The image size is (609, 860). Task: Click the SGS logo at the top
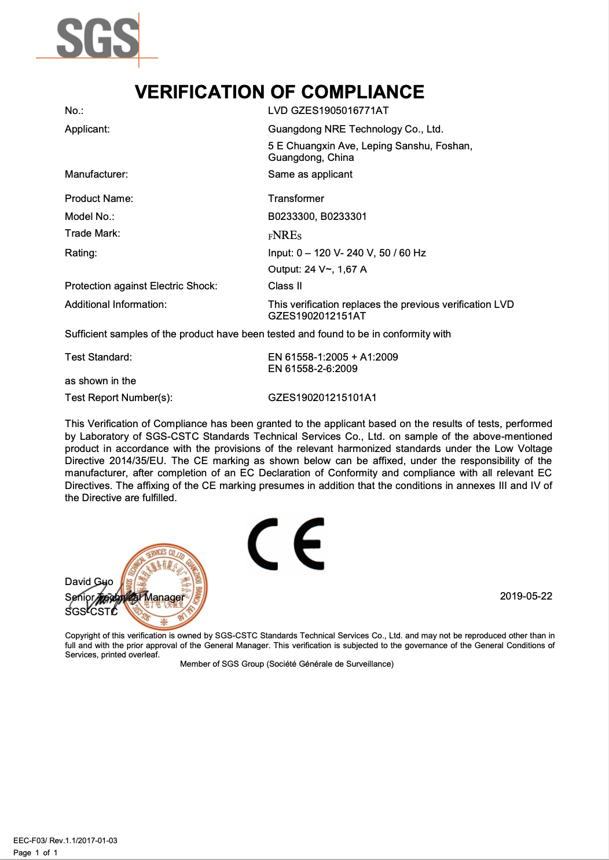pos(97,38)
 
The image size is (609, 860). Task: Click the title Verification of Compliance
pos(280,92)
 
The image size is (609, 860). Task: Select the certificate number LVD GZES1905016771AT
pos(328,111)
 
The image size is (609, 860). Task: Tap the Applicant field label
pos(87,129)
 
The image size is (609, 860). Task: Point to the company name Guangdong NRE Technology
pos(355,129)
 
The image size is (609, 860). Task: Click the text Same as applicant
pos(310,174)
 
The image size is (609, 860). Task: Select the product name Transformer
pos(296,199)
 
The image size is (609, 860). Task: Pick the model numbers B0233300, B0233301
pos(317,216)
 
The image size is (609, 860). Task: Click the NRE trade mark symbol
pos(285,235)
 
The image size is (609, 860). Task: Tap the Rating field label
pos(81,253)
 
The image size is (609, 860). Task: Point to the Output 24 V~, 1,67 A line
pos(317,269)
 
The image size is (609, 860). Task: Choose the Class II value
pos(285,286)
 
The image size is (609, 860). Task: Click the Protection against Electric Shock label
pos(141,286)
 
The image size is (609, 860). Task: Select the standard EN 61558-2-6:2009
pos(313,369)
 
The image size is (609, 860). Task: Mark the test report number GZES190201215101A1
pos(322,398)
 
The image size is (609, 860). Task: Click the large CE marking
pos(286,544)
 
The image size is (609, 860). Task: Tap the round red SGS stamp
pos(165,586)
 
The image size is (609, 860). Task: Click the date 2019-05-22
pos(526,596)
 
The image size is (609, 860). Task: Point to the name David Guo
pos(89,582)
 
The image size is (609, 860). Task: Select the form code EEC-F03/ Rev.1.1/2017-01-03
pos(65,840)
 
